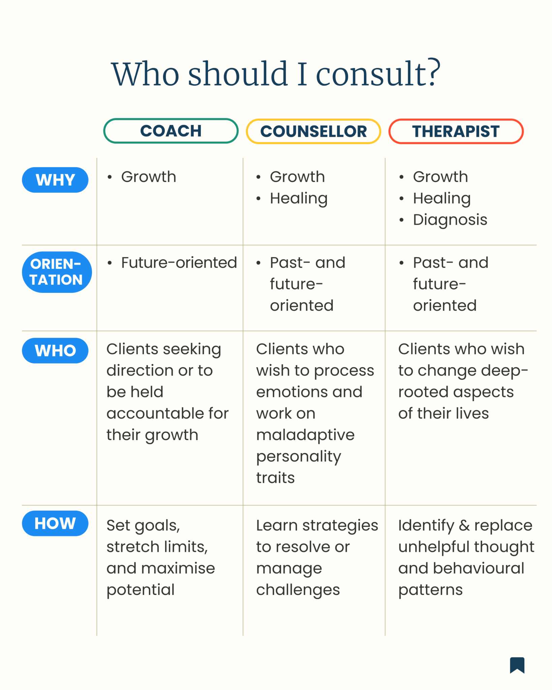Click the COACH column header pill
pos(171,131)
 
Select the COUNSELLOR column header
pos(313,131)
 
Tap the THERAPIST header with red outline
pos(456,131)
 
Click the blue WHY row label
pos(55,180)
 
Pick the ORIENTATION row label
pos(57,272)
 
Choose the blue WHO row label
pos(55,350)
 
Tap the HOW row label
pos(55,523)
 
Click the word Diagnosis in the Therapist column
pos(450,220)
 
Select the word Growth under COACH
pos(149,177)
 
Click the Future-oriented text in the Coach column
pos(179,262)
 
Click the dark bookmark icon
pos(517,665)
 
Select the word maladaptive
pos(305,435)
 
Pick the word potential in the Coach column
pos(141,590)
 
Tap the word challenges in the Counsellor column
pos(298,590)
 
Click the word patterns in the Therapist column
pos(430,590)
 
